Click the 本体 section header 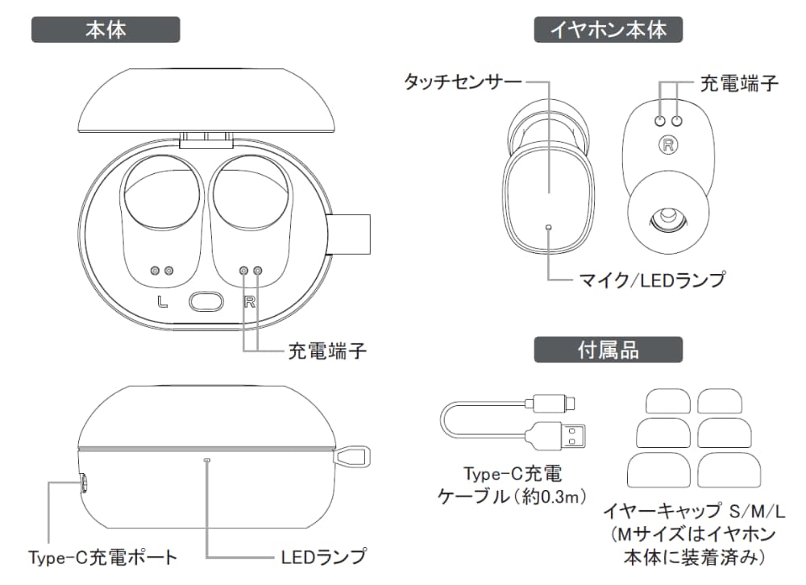pos(106,30)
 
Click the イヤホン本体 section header pos(609,30)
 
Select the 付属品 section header pos(609,350)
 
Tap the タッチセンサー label pos(463,81)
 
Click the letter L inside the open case pos(163,303)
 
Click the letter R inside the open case pos(250,303)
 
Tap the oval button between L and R pos(206,302)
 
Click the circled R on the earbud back pos(668,146)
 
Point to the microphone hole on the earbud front pos(549,227)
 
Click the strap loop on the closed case pos(351,456)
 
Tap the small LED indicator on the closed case pos(208,460)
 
